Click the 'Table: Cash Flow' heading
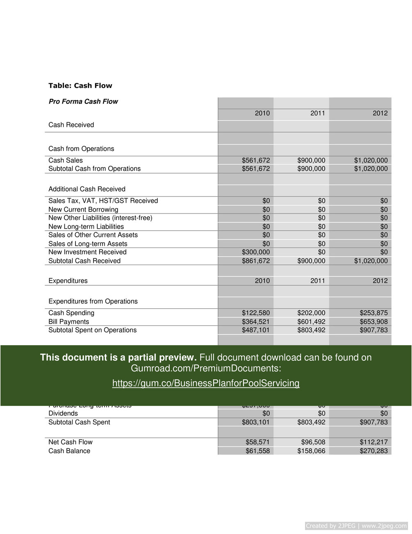point(80,86)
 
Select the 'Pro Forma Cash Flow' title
point(83,101)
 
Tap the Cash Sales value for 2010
point(256,160)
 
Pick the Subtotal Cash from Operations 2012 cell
point(371,169)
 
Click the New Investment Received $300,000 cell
point(256,252)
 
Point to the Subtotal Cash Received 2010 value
point(256,261)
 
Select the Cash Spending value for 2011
point(311,313)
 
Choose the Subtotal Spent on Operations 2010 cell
point(256,330)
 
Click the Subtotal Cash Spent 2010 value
point(256,422)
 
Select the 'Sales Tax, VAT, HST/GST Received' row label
point(103,201)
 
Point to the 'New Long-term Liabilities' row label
point(86,227)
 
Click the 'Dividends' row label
point(63,413)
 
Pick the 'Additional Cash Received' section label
point(87,189)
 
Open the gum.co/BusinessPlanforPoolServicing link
point(206,383)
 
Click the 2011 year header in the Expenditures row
point(318,281)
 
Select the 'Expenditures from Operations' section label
point(93,301)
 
